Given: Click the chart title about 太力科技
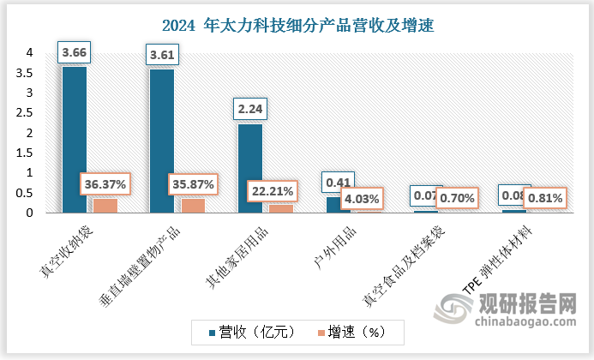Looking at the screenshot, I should click(297, 25).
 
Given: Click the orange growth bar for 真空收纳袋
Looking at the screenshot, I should click(105, 206).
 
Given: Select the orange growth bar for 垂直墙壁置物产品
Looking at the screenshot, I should click(192, 206).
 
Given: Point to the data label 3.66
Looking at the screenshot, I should click(75, 52).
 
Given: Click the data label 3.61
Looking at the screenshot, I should click(162, 55).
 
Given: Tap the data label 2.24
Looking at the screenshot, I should click(249, 110).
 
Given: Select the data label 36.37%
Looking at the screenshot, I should click(105, 183).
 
